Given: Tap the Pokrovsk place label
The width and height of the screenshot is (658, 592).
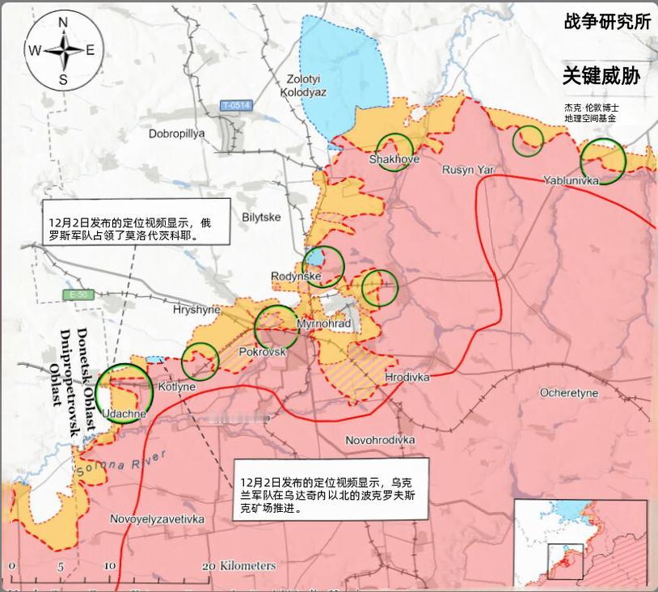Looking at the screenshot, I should (x=263, y=353).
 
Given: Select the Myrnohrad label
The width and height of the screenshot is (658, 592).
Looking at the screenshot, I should (x=324, y=324).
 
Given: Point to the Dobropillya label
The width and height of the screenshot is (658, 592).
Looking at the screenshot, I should (x=177, y=133).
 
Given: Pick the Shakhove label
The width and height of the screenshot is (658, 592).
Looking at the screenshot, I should (x=394, y=159).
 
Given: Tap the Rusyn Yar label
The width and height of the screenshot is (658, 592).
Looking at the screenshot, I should (x=467, y=170).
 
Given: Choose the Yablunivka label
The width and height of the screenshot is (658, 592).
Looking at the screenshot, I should (x=571, y=180).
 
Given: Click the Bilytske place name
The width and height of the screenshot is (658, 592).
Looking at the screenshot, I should (x=261, y=218).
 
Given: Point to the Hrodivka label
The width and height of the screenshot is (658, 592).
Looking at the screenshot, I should (x=407, y=378).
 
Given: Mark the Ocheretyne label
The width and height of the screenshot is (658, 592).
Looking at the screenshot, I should (x=569, y=393).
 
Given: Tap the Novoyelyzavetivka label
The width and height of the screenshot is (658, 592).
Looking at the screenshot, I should (x=157, y=518).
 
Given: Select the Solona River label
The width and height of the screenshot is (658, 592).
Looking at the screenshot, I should (x=121, y=463).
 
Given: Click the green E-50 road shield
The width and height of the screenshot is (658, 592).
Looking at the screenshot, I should (x=78, y=295).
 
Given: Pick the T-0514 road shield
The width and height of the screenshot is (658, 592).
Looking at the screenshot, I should (x=237, y=105).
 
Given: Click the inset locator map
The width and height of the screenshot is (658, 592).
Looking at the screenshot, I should (x=580, y=543).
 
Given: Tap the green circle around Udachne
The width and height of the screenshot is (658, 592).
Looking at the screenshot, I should (x=124, y=391).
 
